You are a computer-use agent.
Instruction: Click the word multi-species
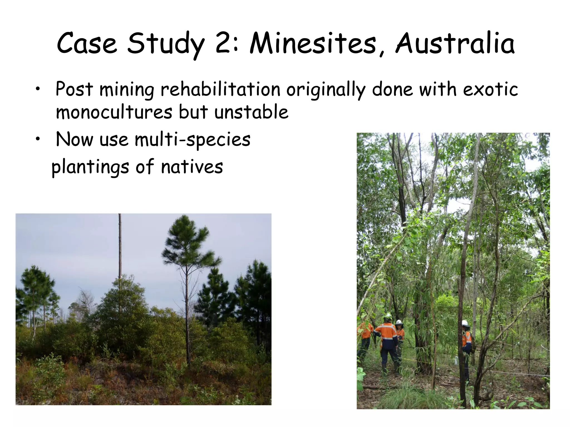(x=193, y=140)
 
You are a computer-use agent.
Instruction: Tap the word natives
(x=192, y=167)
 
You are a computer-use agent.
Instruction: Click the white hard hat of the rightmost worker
(x=465, y=323)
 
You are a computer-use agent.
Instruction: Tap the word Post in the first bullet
(x=74, y=90)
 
